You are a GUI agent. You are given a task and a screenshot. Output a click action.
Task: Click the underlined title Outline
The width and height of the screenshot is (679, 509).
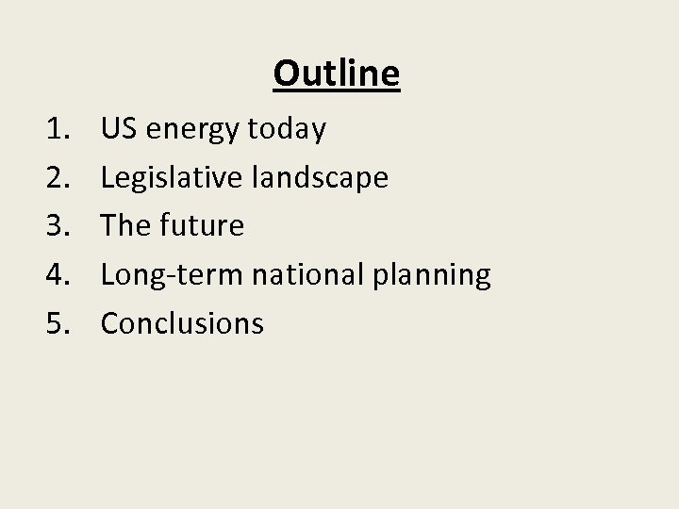coord(337,74)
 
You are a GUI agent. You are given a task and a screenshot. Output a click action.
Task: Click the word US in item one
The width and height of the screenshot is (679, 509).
coord(119,128)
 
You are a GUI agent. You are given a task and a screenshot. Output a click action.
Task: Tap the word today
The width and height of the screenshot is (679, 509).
coord(287,128)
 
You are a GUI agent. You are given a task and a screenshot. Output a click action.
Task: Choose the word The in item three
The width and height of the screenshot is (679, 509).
coord(124,226)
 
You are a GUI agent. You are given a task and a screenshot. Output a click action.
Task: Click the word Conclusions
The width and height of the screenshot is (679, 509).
coord(182,324)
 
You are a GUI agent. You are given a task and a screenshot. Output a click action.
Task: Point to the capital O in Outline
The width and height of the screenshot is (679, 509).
coord(286,74)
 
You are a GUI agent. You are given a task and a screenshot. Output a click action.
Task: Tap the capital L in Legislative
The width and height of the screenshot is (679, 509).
coord(107,177)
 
